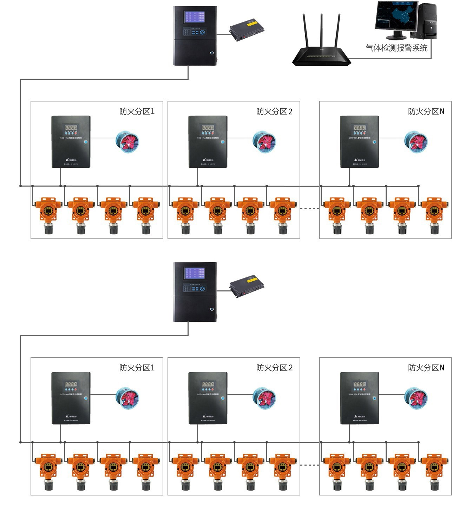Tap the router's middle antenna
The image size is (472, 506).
pos(321,32)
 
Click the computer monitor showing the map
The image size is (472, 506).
pos(397,17)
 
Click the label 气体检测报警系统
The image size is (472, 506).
pos(396,48)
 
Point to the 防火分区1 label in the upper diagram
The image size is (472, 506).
pos(137,112)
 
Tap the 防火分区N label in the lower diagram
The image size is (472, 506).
pos(426,368)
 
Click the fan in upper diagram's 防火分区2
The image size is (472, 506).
pos(264,142)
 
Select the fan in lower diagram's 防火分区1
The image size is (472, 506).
pos(127,398)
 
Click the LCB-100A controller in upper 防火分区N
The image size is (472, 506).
pos(360,142)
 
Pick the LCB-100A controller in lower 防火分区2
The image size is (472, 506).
pos(208,398)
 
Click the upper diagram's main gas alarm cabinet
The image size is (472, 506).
pos(195,36)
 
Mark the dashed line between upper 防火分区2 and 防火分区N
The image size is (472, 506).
pos(310,209)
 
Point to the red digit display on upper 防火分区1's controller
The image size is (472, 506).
pos(71,127)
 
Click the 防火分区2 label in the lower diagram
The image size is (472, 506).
pos(274,368)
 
